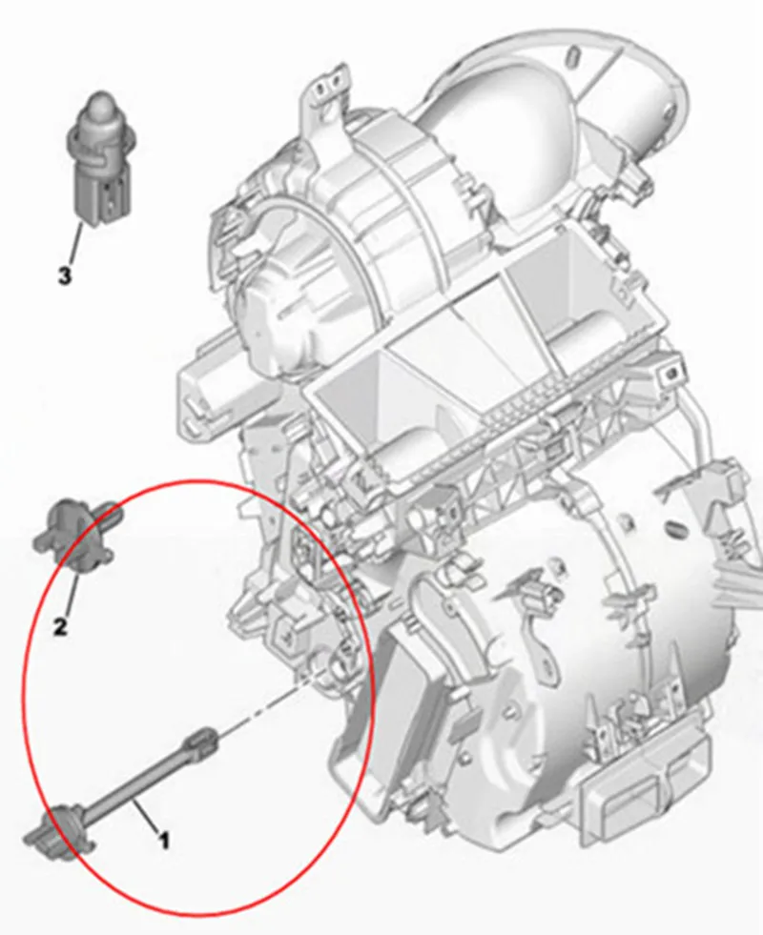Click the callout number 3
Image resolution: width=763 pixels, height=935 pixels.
(x=65, y=276)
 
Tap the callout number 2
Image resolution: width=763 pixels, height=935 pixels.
(x=60, y=627)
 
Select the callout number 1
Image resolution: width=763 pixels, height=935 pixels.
(x=164, y=841)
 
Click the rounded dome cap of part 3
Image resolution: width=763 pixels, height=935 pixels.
(x=98, y=108)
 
